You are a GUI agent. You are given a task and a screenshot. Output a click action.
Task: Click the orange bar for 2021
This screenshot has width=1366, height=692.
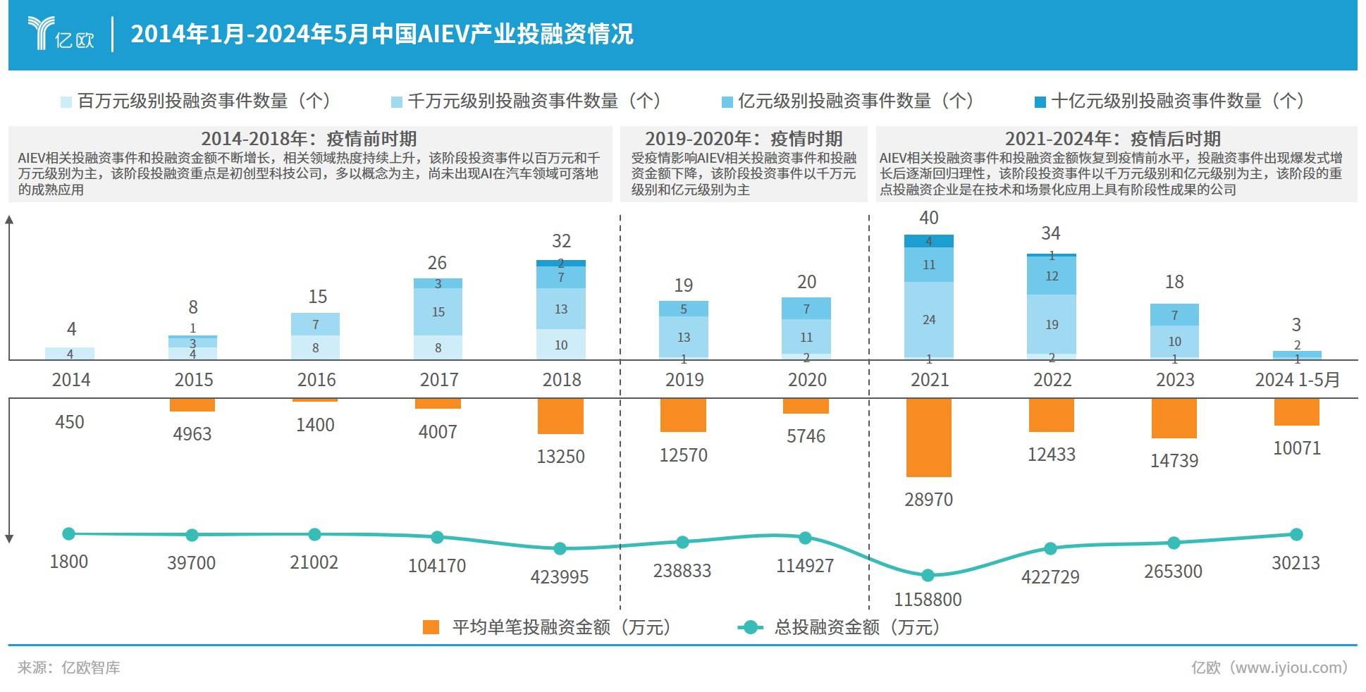pyautogui.click(x=928, y=437)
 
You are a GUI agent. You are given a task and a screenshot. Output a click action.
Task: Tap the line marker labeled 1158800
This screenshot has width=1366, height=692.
pyautogui.click(x=928, y=576)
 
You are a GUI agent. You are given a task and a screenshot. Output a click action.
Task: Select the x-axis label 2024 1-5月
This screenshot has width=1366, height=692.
pyautogui.click(x=1297, y=380)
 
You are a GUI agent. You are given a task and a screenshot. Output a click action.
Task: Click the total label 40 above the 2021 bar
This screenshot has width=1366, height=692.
pyautogui.click(x=928, y=218)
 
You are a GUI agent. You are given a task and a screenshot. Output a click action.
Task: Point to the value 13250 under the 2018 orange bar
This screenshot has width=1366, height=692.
pyautogui.click(x=560, y=457)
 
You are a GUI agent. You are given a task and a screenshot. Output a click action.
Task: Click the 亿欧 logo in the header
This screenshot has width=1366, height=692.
pyautogui.click(x=61, y=33)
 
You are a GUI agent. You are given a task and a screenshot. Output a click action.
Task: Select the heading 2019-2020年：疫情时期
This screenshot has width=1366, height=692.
pyautogui.click(x=744, y=139)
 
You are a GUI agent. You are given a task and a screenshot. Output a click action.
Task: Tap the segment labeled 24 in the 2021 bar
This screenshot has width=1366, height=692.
pyautogui.click(x=928, y=319)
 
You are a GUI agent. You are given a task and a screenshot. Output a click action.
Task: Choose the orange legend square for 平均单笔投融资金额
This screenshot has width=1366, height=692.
pyautogui.click(x=431, y=627)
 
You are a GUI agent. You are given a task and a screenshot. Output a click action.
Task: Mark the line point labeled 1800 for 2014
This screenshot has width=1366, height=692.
pyautogui.click(x=69, y=534)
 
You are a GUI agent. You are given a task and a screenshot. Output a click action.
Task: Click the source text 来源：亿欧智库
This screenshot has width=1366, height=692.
pyautogui.click(x=68, y=667)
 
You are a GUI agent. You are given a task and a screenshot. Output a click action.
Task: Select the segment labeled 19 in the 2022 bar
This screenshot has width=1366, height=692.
pyautogui.click(x=1051, y=324)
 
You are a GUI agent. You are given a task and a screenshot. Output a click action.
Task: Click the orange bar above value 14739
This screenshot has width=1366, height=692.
pyautogui.click(x=1174, y=418)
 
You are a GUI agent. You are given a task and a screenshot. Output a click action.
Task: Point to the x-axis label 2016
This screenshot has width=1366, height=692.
pyautogui.click(x=316, y=380)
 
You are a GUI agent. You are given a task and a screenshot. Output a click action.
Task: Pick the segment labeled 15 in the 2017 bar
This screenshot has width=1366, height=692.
pyautogui.click(x=438, y=311)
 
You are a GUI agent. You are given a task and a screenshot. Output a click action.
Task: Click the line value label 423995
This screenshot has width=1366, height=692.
pyautogui.click(x=559, y=577)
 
